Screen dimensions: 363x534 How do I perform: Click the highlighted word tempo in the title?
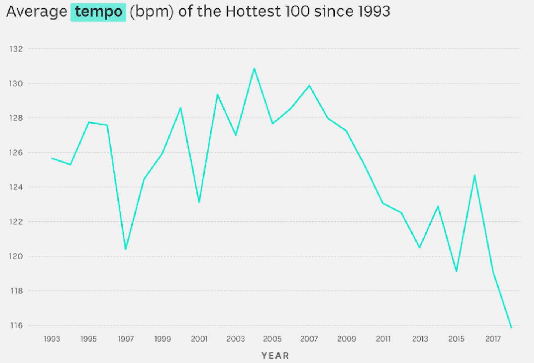click(98, 12)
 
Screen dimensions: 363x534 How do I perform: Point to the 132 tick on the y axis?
click(16, 49)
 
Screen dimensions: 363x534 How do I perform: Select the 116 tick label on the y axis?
click(16, 325)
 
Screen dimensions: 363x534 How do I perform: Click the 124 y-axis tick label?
click(16, 187)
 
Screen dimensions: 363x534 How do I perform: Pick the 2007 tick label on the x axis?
click(309, 339)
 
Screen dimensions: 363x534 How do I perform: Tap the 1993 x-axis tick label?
click(52, 339)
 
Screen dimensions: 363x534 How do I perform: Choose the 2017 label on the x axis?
click(493, 339)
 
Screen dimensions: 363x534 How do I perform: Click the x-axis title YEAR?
click(275, 356)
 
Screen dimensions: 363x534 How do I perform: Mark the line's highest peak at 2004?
click(254, 68)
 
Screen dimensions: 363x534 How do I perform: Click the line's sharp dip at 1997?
click(126, 249)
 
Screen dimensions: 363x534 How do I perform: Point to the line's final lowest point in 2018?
click(511, 327)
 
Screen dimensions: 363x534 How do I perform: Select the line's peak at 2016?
click(475, 176)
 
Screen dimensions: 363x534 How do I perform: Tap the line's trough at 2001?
click(199, 202)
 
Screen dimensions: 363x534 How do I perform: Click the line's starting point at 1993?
click(52, 158)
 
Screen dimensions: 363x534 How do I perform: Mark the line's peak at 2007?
click(309, 86)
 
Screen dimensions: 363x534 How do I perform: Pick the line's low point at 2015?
click(456, 271)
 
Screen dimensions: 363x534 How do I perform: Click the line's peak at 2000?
click(181, 108)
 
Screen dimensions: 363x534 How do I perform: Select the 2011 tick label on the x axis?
click(383, 339)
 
